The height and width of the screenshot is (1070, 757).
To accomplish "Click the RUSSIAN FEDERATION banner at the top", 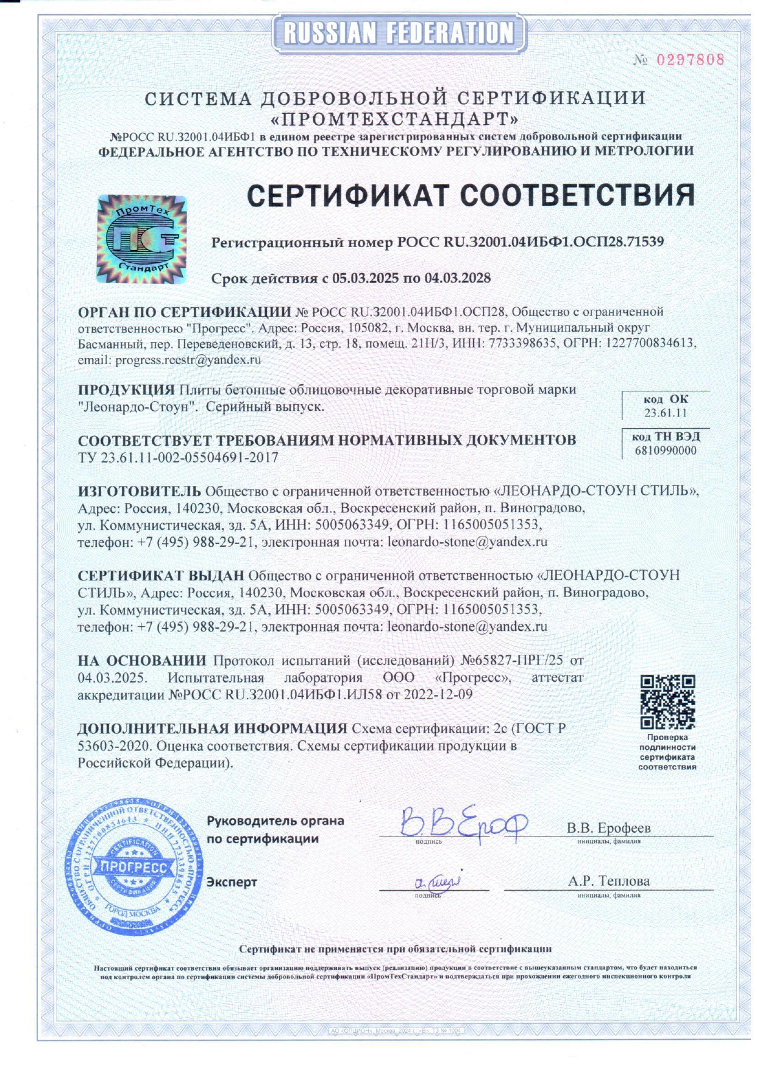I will [x=399, y=33].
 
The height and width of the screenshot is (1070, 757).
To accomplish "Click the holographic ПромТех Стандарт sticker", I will [x=142, y=239].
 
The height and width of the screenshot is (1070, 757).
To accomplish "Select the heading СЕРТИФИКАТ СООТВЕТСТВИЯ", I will [x=471, y=196].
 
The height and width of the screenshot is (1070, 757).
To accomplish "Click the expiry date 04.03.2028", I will [x=458, y=279].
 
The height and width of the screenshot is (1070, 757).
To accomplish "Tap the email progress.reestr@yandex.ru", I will [x=188, y=360].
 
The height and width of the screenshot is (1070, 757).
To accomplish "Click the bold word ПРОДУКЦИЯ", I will [x=127, y=390].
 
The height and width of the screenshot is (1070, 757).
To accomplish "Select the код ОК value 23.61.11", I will [x=666, y=413].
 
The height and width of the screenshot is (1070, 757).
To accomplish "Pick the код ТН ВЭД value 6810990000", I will [x=666, y=451].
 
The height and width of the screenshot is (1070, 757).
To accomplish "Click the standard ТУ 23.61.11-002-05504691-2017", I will [x=178, y=457].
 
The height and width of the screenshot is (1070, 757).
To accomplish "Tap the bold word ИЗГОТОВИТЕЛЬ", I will [x=140, y=491].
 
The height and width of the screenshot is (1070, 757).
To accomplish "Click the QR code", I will [x=667, y=702].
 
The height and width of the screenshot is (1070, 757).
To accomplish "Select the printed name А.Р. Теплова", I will [x=609, y=881].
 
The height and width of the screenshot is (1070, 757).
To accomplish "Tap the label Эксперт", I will [x=232, y=882].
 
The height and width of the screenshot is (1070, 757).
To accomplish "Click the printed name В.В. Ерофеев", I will [x=609, y=828].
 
